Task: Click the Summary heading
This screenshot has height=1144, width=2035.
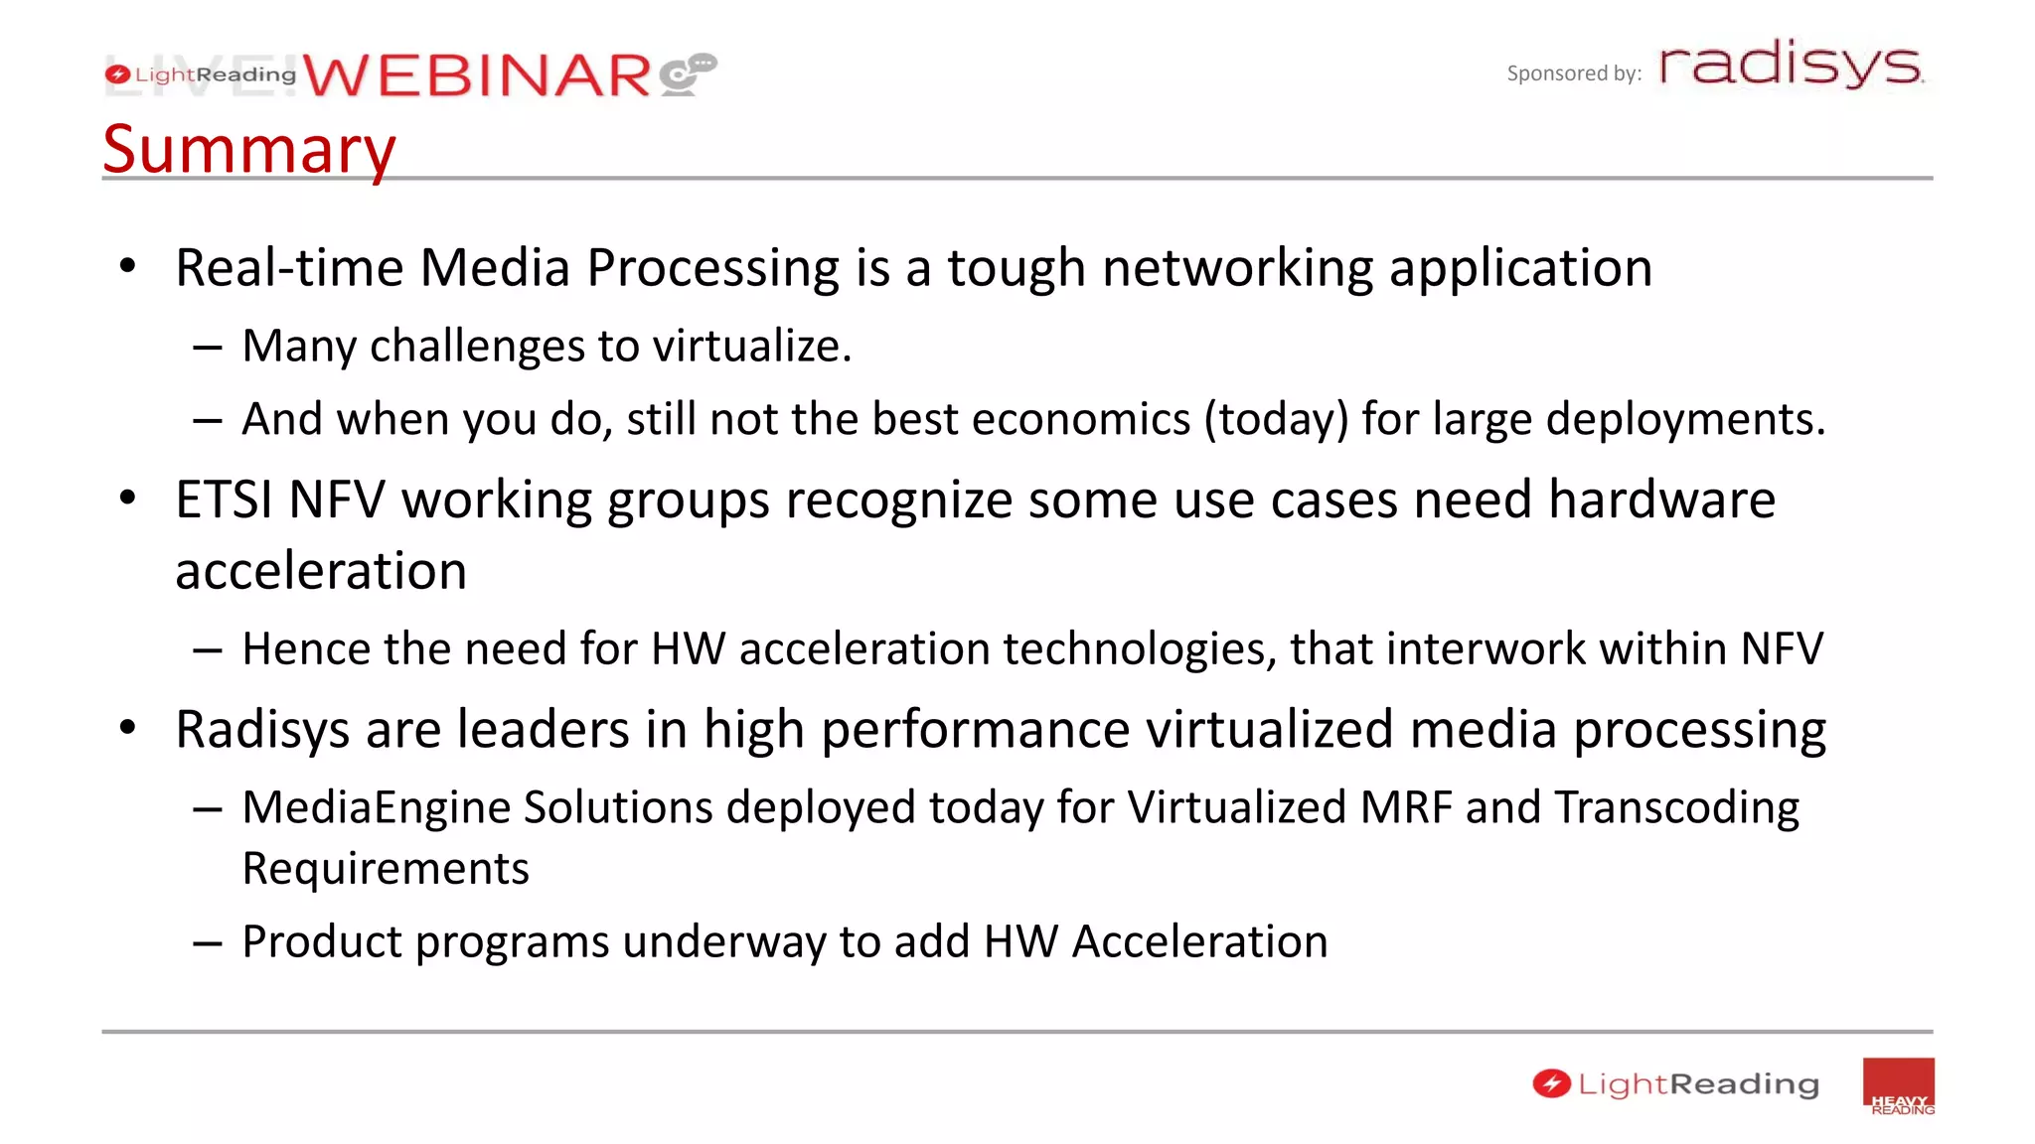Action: (x=248, y=149)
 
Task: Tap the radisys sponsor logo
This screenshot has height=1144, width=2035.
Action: (x=1791, y=65)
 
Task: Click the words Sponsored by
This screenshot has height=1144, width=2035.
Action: (x=1573, y=73)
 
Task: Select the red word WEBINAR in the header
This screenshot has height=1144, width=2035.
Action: (x=477, y=75)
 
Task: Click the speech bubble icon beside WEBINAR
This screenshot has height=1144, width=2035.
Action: (x=688, y=74)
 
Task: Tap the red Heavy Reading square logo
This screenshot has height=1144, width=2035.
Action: (x=1898, y=1086)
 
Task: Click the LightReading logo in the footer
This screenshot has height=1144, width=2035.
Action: (x=1675, y=1084)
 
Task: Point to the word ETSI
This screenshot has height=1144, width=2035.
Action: (x=223, y=500)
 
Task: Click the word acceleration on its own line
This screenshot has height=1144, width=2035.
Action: (x=321, y=571)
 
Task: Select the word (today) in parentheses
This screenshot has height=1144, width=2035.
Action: (x=1276, y=419)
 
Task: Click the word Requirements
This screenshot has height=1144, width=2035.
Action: (x=386, y=869)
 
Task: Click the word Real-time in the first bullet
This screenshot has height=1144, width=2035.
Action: (x=289, y=268)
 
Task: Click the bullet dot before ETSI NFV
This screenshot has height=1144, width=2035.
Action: (x=127, y=498)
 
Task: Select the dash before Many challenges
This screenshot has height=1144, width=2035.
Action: (x=207, y=348)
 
